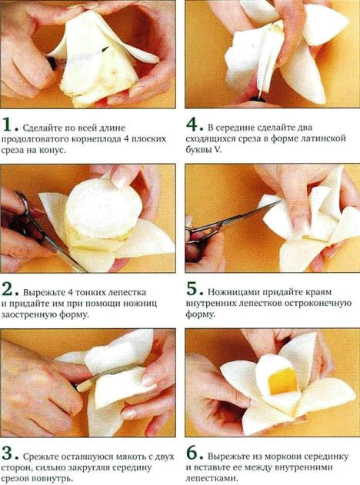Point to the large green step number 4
[x=193, y=125]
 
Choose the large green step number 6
[x=193, y=453]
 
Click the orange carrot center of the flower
[x=283, y=382]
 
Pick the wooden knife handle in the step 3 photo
[x=85, y=386]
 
